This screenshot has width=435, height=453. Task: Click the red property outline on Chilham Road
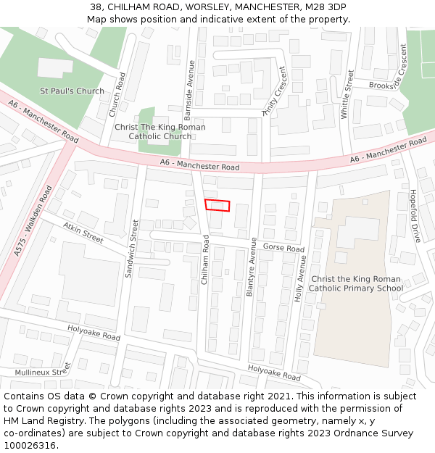(217, 205)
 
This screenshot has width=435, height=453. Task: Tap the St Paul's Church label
(72, 91)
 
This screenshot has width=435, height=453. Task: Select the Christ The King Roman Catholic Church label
(159, 132)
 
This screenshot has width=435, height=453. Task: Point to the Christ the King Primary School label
(356, 283)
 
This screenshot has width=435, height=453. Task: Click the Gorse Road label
(283, 248)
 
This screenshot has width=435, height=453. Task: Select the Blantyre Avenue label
(251, 267)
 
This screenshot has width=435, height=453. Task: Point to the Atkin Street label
(83, 232)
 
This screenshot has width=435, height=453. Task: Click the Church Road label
(117, 95)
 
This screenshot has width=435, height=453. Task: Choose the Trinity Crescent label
(275, 91)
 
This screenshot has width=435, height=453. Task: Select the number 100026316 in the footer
(28, 446)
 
